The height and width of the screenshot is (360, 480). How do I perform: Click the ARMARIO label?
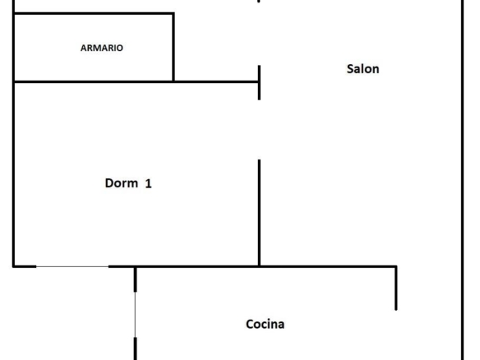(x=102, y=48)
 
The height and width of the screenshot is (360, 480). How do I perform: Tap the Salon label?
(x=362, y=69)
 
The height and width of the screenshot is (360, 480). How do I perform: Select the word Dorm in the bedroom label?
(x=121, y=183)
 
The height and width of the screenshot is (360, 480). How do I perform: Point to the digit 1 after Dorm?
(x=149, y=183)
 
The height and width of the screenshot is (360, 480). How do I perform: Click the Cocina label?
(x=265, y=324)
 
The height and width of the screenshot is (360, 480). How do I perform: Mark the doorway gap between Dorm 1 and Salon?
(x=259, y=130)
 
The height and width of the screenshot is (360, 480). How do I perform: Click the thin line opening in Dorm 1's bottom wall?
(x=72, y=266)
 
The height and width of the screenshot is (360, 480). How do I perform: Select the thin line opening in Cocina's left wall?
(x=135, y=315)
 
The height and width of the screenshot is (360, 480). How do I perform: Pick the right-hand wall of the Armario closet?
(x=173, y=47)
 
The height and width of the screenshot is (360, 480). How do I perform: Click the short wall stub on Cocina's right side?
(x=396, y=288)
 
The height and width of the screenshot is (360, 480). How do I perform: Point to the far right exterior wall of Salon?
(x=463, y=180)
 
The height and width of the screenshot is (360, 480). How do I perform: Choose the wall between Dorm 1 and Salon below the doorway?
(x=259, y=213)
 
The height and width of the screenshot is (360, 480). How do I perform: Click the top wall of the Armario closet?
(x=94, y=13)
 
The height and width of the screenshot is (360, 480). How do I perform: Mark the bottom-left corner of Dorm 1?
(x=13, y=266)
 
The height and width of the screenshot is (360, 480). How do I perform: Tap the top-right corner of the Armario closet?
(x=173, y=13)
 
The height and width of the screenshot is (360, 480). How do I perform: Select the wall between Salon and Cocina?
(x=328, y=266)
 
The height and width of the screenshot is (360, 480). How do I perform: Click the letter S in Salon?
(x=350, y=69)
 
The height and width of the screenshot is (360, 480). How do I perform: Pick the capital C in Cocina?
(x=250, y=324)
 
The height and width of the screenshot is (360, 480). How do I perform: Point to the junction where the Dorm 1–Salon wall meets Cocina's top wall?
(x=259, y=266)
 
